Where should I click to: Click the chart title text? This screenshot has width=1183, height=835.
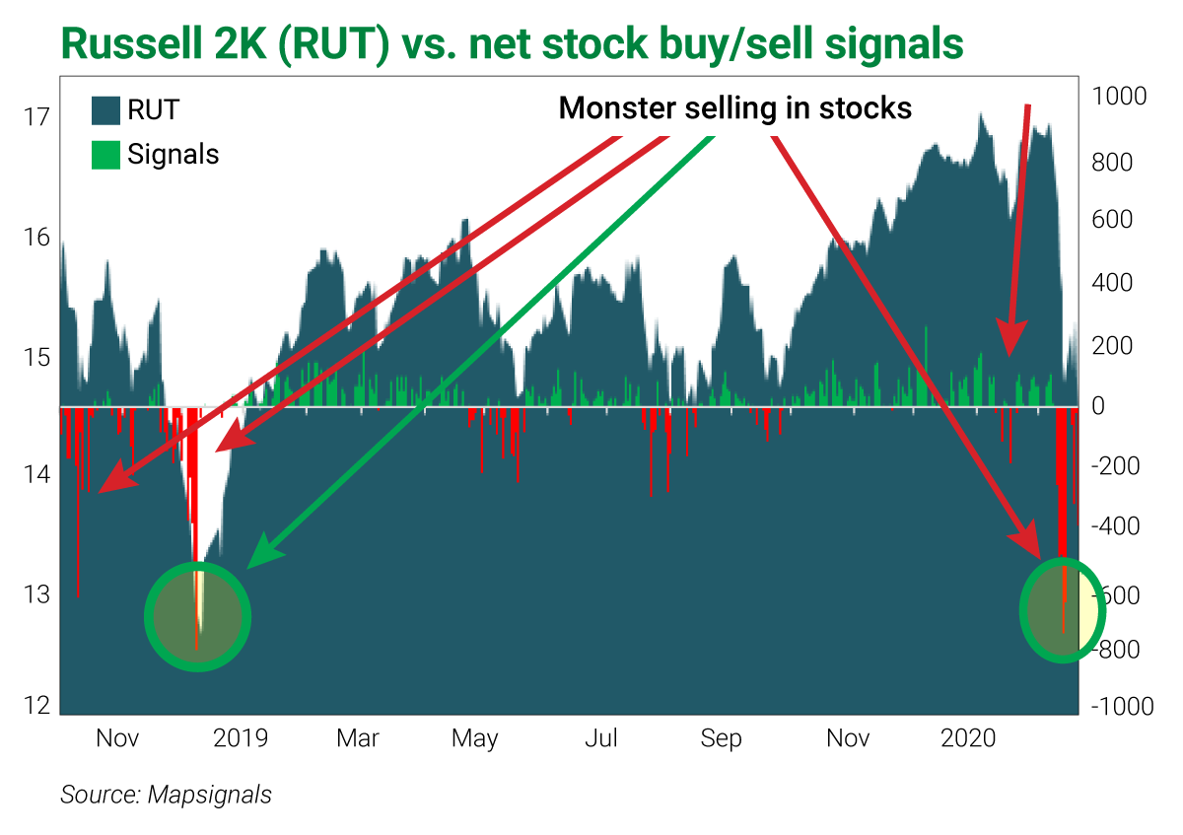(512, 42)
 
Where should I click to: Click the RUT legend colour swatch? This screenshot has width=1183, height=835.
(105, 109)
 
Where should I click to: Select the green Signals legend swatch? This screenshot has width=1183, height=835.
(105, 155)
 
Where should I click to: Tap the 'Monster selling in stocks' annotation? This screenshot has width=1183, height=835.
(734, 107)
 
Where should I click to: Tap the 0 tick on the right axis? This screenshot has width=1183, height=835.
(1097, 406)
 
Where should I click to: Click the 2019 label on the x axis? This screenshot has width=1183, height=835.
(240, 738)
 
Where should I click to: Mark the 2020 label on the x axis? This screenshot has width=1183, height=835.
(968, 738)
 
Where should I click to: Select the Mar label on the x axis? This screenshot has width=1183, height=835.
(357, 738)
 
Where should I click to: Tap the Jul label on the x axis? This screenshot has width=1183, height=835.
(601, 738)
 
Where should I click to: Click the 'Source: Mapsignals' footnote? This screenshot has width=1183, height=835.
(166, 795)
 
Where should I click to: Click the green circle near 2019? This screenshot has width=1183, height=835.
(198, 616)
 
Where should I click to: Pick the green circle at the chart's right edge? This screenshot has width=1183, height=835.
(1062, 609)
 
